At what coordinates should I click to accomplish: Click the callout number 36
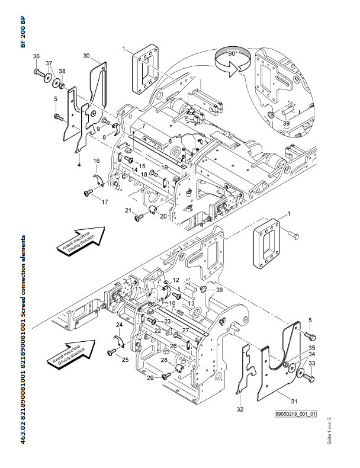36,56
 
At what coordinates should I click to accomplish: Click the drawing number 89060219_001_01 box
295,414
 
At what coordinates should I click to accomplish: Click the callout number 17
105,203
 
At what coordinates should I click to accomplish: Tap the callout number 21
127,210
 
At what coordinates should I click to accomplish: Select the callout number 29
150,377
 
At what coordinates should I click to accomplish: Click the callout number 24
119,325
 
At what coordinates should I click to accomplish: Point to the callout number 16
96,161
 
